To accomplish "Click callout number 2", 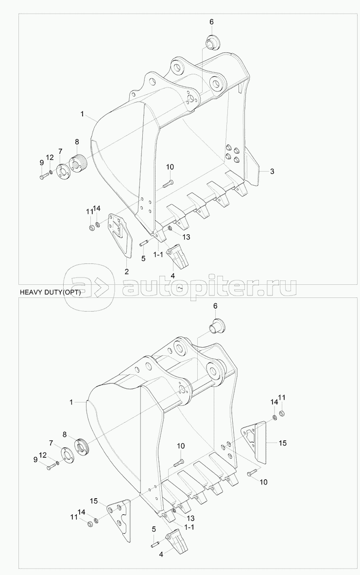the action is (x=126, y=272).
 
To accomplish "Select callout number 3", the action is (x=272, y=171).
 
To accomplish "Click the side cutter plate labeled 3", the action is (x=252, y=164).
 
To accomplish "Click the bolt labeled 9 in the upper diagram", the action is (x=43, y=177).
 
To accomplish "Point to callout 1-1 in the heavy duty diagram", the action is (x=189, y=527).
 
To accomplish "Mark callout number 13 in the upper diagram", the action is (x=186, y=237).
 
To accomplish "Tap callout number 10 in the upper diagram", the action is (x=170, y=167).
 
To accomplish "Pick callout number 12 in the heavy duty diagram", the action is (x=43, y=455).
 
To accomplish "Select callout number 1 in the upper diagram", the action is (x=82, y=114).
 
